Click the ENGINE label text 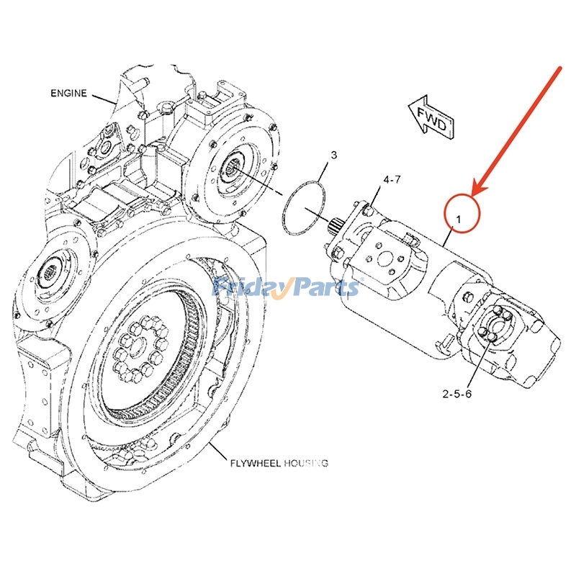(x=69, y=93)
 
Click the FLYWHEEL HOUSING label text (x=279, y=463)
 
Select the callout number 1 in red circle (x=462, y=212)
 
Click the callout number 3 (x=333, y=155)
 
